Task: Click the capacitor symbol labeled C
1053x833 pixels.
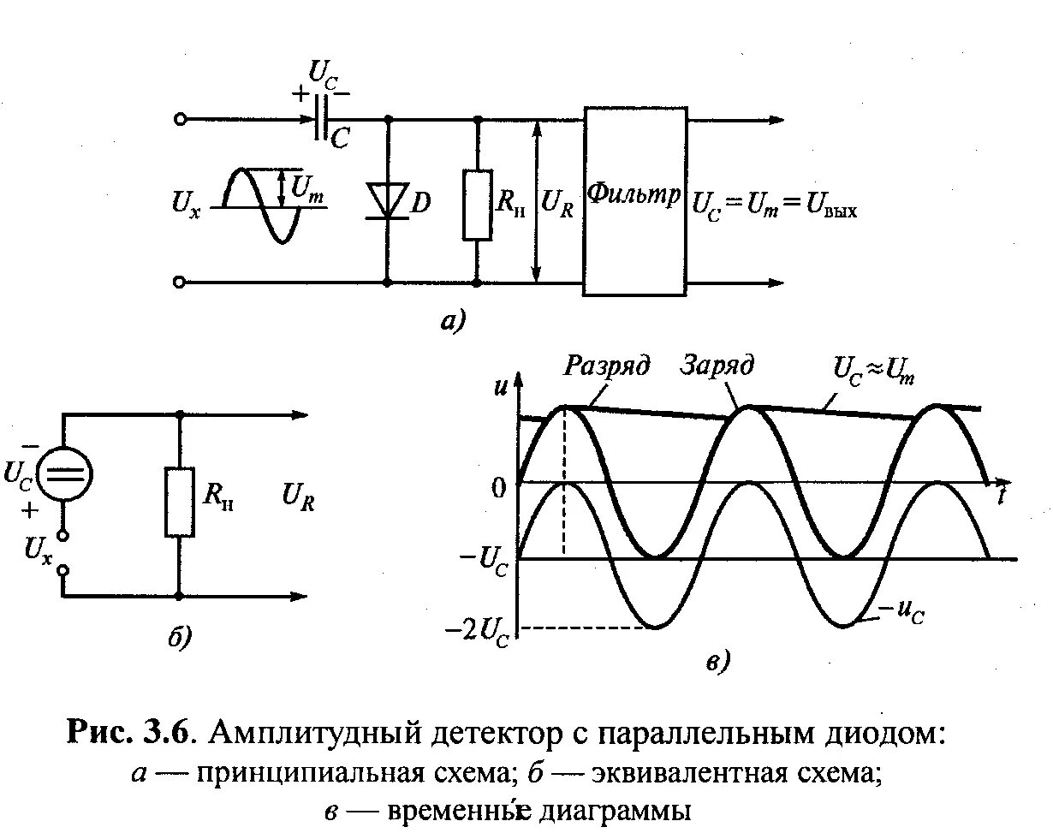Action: [320, 119]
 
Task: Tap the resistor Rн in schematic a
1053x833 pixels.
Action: [477, 205]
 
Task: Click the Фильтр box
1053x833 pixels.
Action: [634, 200]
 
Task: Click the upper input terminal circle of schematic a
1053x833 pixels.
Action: [181, 120]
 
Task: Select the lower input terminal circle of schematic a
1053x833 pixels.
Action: [181, 282]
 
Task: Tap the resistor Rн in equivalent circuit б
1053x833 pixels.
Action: [180, 502]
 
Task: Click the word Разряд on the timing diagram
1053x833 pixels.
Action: [607, 366]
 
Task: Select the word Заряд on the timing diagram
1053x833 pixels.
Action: [717, 366]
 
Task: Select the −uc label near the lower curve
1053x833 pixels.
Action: [902, 612]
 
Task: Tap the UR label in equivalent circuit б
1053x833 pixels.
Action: [299, 500]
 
